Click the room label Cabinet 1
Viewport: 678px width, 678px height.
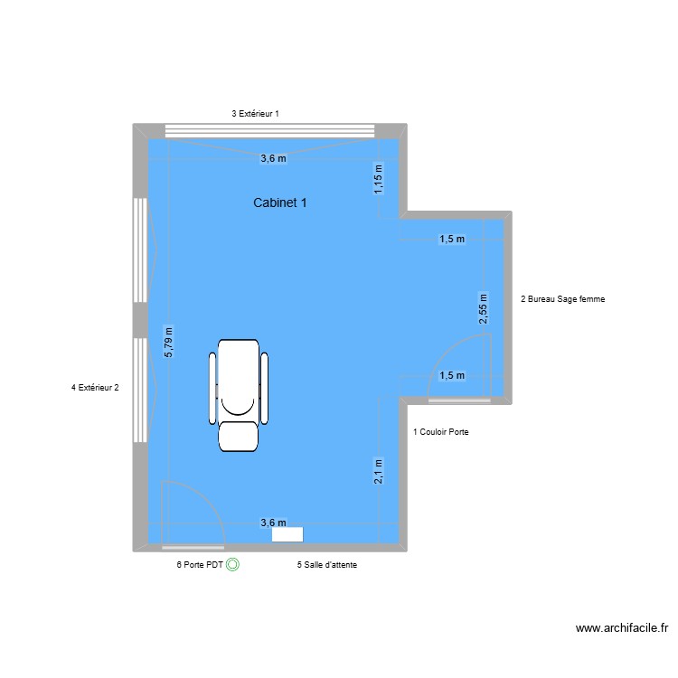pos(279,203)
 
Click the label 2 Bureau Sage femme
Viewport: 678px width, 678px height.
pos(563,298)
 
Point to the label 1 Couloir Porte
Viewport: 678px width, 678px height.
pos(440,432)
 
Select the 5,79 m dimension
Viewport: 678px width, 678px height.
pos(169,343)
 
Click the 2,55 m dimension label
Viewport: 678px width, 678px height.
pos(484,309)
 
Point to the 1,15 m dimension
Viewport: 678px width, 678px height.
pos(380,178)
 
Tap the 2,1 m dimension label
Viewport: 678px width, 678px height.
pos(380,471)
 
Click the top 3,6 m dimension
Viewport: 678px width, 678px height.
pos(273,158)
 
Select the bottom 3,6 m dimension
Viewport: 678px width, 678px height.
pos(273,523)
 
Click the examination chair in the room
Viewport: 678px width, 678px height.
pos(240,393)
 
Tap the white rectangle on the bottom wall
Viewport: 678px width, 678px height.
pos(287,534)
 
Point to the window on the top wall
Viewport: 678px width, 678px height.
pos(268,130)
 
